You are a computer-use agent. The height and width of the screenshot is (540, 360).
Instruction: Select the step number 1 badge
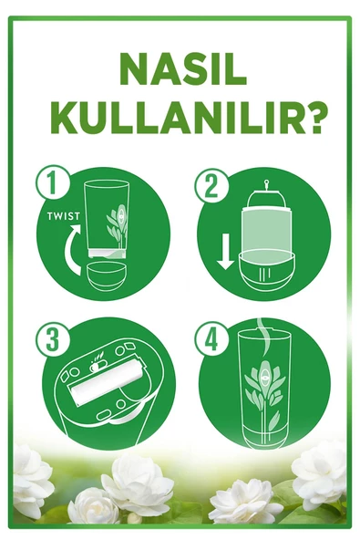point(52,182)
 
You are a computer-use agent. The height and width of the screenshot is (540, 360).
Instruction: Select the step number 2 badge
point(211,186)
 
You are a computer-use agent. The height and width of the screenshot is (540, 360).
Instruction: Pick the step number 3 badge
point(52,339)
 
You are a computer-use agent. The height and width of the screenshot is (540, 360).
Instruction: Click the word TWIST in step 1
point(63,216)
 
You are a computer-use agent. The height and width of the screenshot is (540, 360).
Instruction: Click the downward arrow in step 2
point(226,252)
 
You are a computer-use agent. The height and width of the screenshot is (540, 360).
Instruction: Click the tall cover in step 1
point(107,219)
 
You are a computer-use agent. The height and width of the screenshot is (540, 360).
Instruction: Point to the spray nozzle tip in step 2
point(266,182)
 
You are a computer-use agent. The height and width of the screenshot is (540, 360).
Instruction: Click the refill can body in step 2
point(266,230)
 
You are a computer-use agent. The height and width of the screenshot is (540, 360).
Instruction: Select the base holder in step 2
point(266,270)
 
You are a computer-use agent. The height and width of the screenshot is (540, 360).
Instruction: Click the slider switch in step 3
point(97,367)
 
